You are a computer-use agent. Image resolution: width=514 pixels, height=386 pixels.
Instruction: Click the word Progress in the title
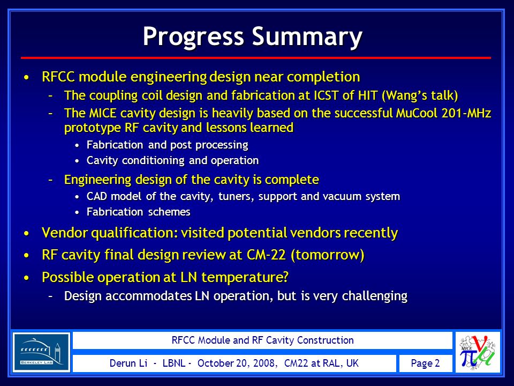click(x=193, y=37)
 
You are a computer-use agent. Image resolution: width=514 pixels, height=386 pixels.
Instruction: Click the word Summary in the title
click(x=307, y=37)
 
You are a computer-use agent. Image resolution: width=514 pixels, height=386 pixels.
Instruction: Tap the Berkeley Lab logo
click(x=41, y=352)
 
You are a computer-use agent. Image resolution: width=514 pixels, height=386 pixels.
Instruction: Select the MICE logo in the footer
click(x=478, y=352)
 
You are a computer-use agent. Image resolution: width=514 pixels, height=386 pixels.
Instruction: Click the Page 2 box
click(x=426, y=363)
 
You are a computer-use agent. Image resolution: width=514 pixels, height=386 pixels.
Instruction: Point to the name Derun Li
click(x=128, y=363)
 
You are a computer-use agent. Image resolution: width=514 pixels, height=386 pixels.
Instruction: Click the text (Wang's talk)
click(x=420, y=95)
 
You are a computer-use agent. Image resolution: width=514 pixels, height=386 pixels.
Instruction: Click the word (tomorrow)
click(x=328, y=255)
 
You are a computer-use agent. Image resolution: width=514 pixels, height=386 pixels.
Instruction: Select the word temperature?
click(x=245, y=277)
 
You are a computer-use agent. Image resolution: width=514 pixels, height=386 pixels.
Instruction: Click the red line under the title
click(x=256, y=58)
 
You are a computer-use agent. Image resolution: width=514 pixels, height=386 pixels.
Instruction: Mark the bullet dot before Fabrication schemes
click(x=77, y=212)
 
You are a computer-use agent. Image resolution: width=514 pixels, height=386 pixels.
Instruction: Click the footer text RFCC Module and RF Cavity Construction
click(x=262, y=340)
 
